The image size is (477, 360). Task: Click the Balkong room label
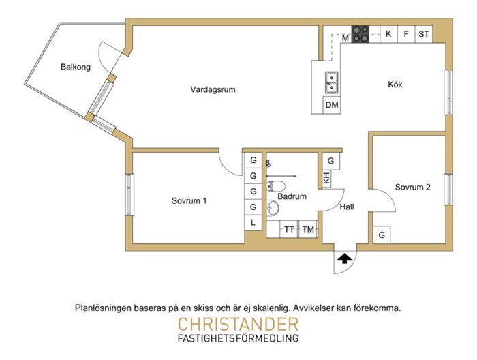[76, 67]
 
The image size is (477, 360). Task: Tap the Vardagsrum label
[213, 90]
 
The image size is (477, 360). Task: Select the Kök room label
[395, 85]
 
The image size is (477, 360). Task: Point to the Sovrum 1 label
[189, 201]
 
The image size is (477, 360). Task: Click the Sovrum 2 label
[412, 187]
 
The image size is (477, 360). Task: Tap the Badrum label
[292, 196]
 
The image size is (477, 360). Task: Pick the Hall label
[347, 207]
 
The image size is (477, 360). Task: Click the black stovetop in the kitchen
[360, 34]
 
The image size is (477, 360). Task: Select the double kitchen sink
[331, 82]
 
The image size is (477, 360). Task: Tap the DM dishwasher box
[332, 105]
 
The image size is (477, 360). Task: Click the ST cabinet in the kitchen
[424, 34]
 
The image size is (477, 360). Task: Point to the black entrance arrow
[345, 258]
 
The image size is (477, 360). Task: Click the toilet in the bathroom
[275, 186]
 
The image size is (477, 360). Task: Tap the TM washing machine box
[308, 229]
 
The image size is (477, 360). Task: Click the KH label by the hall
[326, 179]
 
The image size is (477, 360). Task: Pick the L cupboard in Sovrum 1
[253, 223]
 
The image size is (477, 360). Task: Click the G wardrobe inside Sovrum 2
[382, 235]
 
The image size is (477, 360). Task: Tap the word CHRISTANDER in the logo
[238, 325]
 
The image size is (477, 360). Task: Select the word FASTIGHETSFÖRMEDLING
[238, 338]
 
